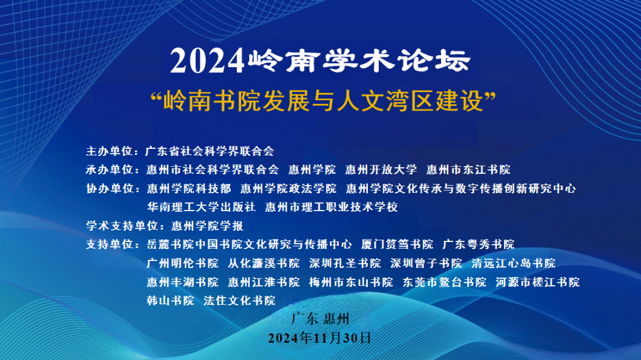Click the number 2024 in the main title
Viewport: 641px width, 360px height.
tap(207, 61)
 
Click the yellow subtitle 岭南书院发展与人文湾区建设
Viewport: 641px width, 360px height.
tap(323, 101)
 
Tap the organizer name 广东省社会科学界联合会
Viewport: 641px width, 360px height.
tap(210, 151)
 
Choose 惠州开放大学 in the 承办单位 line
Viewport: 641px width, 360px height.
tap(381, 170)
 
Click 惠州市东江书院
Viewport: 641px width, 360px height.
tap(468, 170)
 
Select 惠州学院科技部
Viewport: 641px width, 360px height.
tap(189, 189)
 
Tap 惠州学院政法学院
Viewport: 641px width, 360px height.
tap(288, 189)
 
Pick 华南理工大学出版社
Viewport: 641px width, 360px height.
tap(201, 207)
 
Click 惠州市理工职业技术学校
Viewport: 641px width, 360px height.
tap(332, 207)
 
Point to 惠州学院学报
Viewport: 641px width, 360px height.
tap(207, 225)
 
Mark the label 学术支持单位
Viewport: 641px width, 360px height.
tap(122, 225)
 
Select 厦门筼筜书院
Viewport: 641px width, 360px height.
tap(397, 244)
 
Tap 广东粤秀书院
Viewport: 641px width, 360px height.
tap(479, 244)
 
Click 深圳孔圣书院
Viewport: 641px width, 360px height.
tap(345, 263)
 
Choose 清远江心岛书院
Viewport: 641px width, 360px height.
tap(513, 263)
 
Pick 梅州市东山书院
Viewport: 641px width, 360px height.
tap(351, 282)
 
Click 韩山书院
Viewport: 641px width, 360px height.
tap(170, 301)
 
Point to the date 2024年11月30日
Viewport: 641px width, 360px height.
tap(320, 338)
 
